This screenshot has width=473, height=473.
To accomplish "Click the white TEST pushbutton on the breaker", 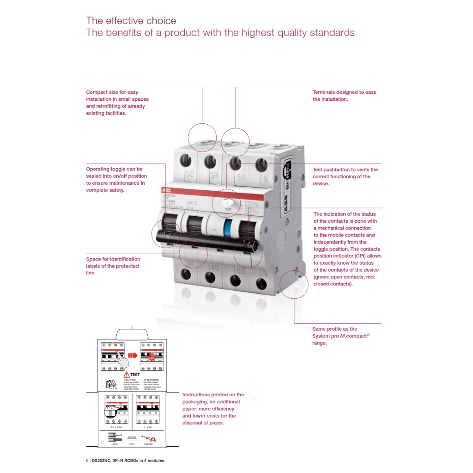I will coord(227,202).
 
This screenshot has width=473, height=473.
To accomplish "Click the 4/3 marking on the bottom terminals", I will coord(215,267).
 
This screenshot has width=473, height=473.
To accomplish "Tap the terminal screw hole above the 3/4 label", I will coord(210,161).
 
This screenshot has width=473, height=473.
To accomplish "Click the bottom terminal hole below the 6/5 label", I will coord(236,280).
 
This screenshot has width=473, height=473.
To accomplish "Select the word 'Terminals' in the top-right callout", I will coord(324,92).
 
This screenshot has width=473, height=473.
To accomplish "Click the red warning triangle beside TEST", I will coord(126,374).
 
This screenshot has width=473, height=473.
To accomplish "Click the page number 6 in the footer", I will coord(87,461).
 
